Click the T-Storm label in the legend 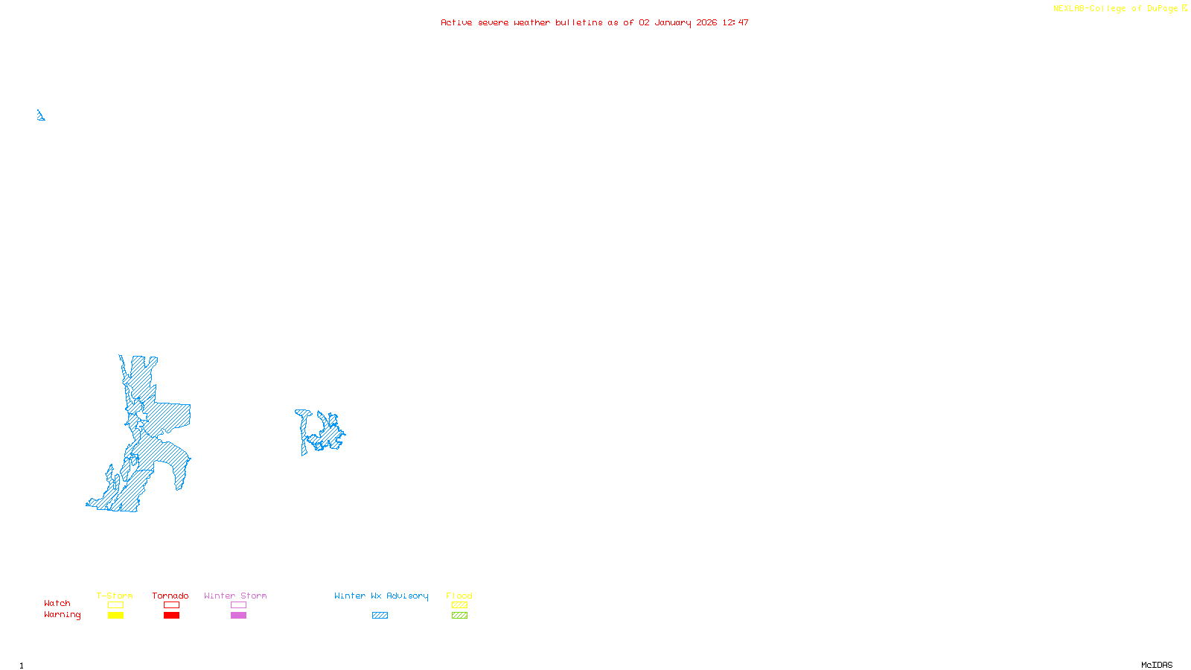(x=115, y=596)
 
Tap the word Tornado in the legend (x=170, y=596)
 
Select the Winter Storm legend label (x=235, y=596)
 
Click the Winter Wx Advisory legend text (x=381, y=596)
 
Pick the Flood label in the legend (x=459, y=596)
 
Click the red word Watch (x=57, y=603)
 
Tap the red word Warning (x=63, y=615)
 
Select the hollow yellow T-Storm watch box (x=115, y=605)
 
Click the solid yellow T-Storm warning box (x=115, y=616)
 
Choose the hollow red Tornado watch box (x=171, y=605)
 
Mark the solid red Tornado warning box (x=171, y=616)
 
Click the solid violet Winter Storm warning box (x=238, y=616)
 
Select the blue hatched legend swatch (x=380, y=616)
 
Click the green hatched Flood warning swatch (x=459, y=616)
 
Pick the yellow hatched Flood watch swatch (x=459, y=605)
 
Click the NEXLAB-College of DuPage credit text (x=1116, y=9)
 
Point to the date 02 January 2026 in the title (x=677, y=22)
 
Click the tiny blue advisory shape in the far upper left (x=40, y=115)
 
